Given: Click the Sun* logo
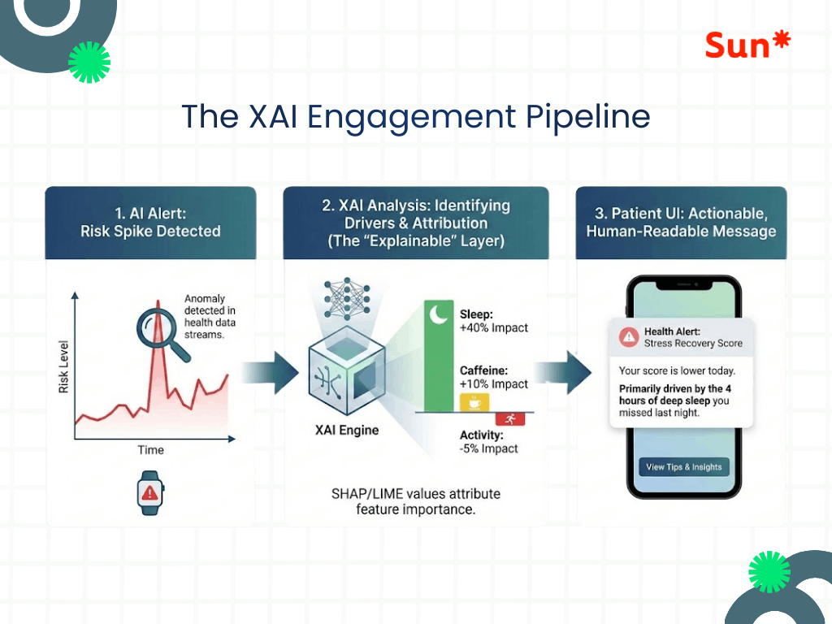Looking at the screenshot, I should pyautogui.click(x=747, y=45).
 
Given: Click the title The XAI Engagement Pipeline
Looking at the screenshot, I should pyautogui.click(x=415, y=116).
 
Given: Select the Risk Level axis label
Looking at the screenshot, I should pyautogui.click(x=64, y=366).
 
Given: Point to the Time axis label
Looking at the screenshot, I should pyautogui.click(x=150, y=449).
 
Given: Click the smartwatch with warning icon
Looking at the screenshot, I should pyautogui.click(x=149, y=492).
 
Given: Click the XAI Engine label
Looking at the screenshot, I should pyautogui.click(x=347, y=430).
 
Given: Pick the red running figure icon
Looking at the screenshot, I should pyautogui.click(x=510, y=419).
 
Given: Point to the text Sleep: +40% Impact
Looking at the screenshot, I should pyautogui.click(x=494, y=321).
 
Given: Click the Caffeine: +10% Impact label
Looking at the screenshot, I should pyautogui.click(x=494, y=377).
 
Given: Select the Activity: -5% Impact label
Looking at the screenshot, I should pyautogui.click(x=489, y=441).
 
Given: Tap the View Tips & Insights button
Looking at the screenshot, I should pyautogui.click(x=683, y=467).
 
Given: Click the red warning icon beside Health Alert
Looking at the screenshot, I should pyautogui.click(x=627, y=337).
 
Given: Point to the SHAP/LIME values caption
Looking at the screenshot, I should pyautogui.click(x=415, y=501).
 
